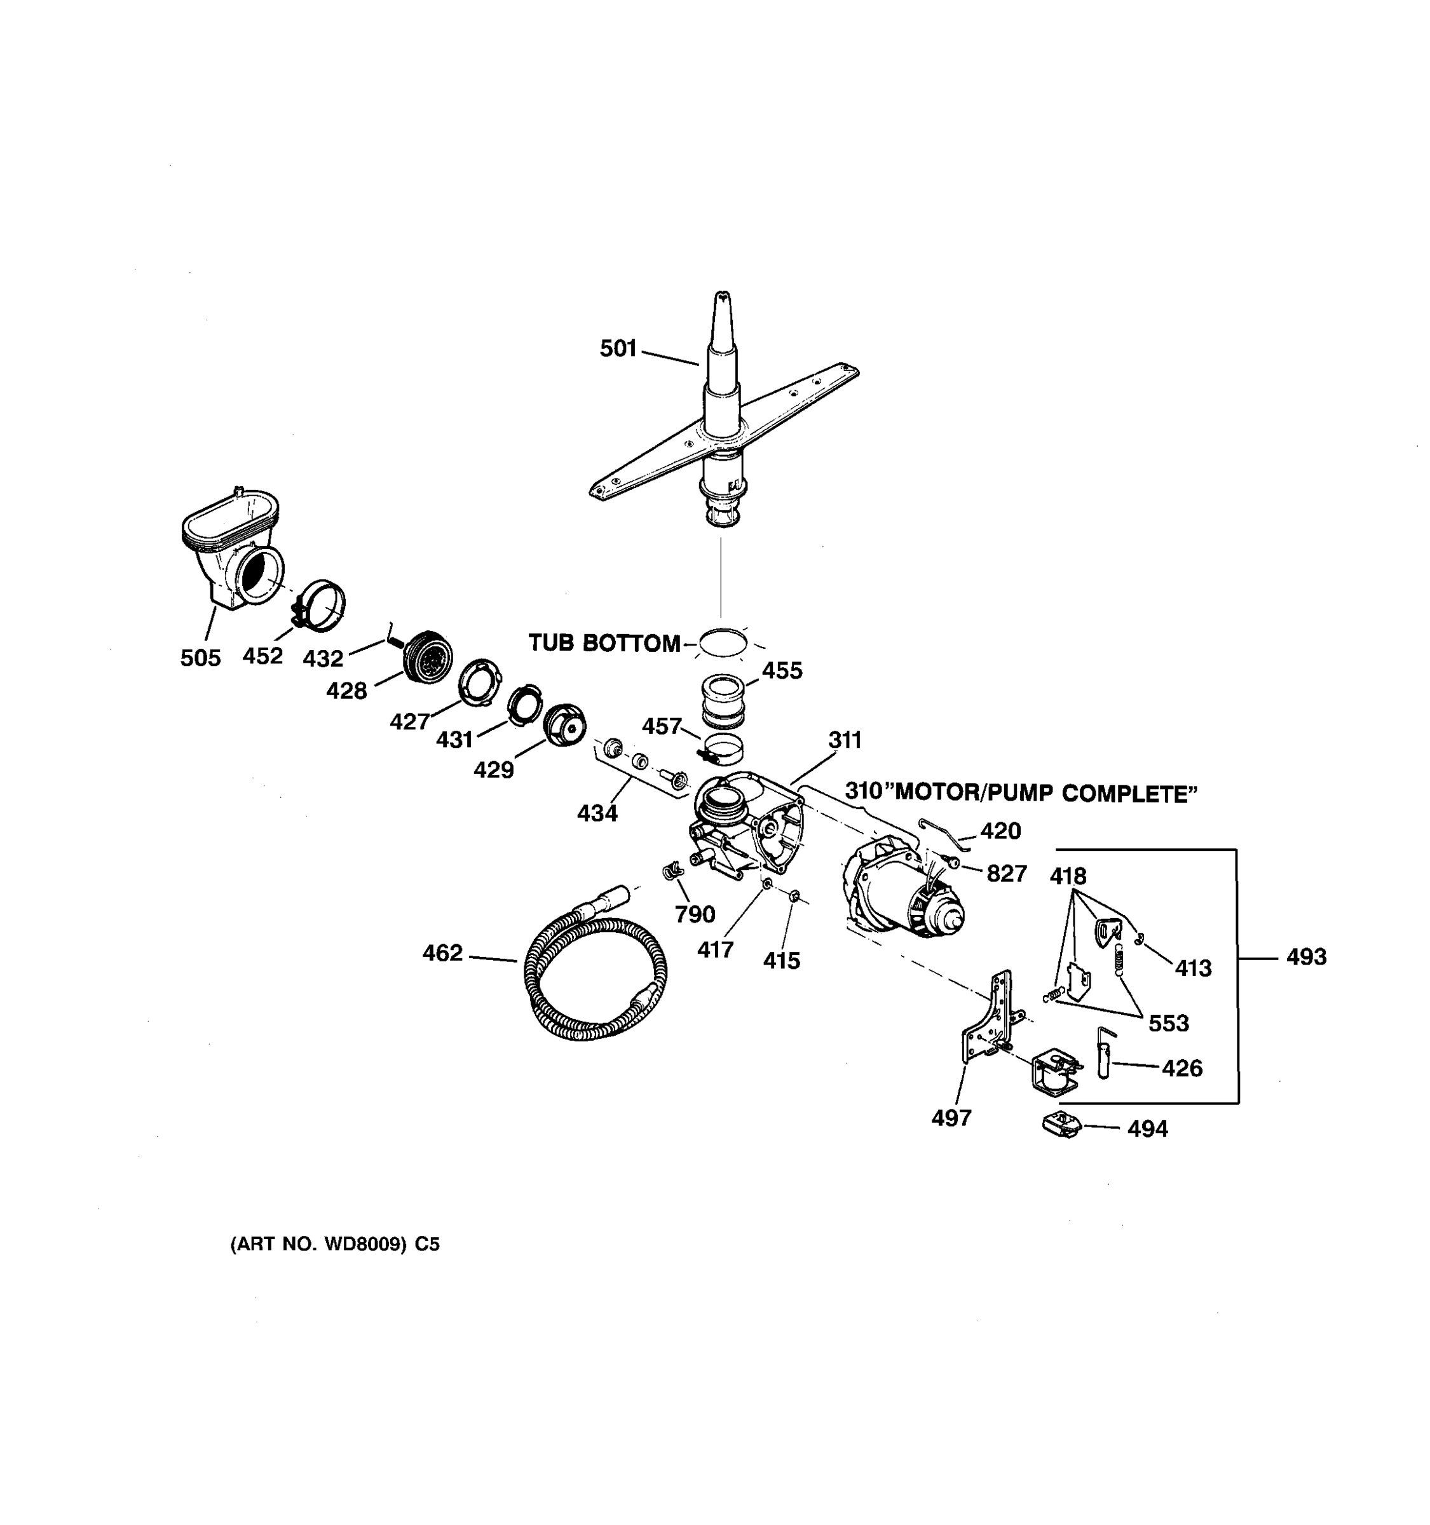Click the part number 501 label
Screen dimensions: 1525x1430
click(x=618, y=349)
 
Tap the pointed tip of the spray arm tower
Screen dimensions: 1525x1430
click(x=722, y=296)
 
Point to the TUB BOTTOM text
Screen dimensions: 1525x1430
click(x=604, y=643)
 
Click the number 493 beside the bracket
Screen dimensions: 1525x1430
click(x=1305, y=956)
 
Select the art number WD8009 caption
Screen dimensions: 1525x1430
click(x=334, y=1244)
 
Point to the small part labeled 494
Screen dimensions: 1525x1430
click(x=1061, y=1125)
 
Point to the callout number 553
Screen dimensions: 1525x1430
click(x=1168, y=1022)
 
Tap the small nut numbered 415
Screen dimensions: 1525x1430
click(x=796, y=895)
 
